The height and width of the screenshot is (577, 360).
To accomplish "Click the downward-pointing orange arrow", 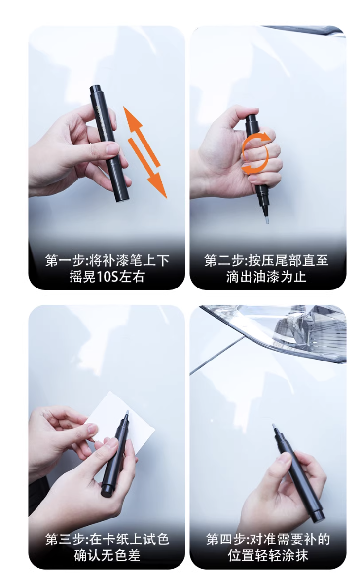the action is pos(147,168).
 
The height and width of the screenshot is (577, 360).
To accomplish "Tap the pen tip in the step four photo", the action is pos(274,428).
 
